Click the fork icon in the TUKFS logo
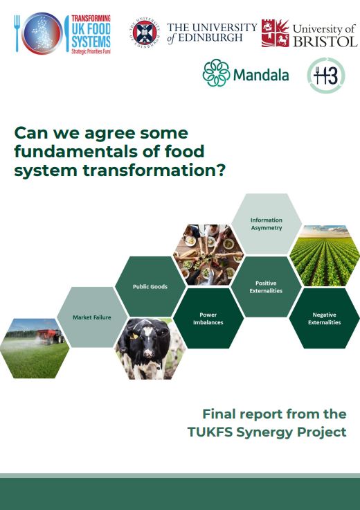tap(17, 33)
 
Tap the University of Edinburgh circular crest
tap(145, 33)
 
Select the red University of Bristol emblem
tap(276, 33)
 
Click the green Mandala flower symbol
tap(216, 73)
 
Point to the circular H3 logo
tap(326, 75)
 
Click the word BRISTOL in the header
tap(325, 42)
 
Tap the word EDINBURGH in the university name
tap(210, 37)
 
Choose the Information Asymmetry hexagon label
tap(266, 224)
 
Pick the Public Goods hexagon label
tap(150, 287)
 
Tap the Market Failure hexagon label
tap(92, 317)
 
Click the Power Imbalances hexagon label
tap(208, 319)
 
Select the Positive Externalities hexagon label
tap(266, 287)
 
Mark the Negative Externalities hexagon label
tap(324, 319)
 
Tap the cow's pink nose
tap(148, 353)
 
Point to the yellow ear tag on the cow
tap(132, 336)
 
